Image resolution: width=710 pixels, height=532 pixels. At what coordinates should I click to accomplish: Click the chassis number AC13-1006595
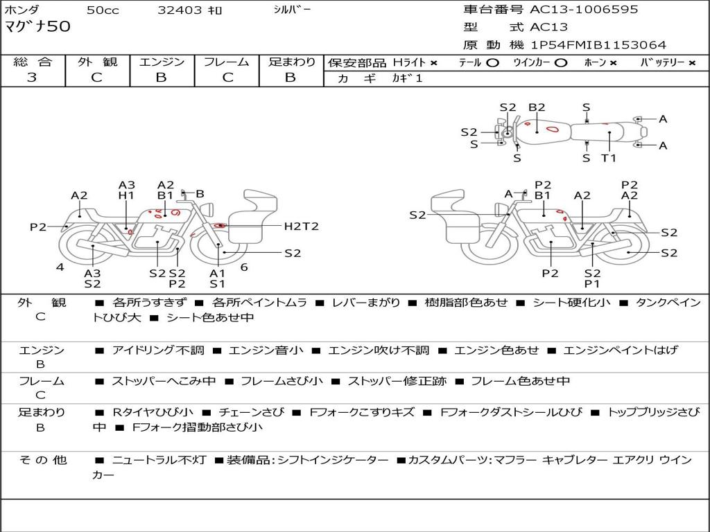[584, 10]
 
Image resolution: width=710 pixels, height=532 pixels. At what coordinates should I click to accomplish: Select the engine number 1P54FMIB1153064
[598, 45]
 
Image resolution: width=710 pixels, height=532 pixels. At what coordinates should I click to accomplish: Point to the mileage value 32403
[180, 10]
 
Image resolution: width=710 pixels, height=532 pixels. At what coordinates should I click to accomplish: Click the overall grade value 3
[32, 78]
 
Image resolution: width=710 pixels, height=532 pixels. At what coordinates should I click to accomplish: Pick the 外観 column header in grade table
[97, 62]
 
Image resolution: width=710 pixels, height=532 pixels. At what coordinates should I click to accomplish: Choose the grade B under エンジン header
[161, 78]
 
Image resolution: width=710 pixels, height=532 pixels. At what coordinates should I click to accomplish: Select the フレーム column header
[226, 62]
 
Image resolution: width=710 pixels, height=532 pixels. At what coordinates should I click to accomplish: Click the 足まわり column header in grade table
[291, 62]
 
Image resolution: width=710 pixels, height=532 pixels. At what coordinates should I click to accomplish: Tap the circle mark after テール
[493, 63]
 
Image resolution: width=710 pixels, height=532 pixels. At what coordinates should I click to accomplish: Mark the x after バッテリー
[691, 63]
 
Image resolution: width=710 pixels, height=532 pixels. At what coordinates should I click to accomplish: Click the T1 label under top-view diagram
[608, 158]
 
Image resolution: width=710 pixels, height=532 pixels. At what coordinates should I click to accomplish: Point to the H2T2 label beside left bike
[301, 226]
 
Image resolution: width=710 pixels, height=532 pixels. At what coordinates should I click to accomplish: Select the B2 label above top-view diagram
[537, 107]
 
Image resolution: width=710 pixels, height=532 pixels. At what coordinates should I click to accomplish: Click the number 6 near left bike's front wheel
[244, 266]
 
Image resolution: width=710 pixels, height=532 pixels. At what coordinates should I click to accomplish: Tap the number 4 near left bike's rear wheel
[60, 266]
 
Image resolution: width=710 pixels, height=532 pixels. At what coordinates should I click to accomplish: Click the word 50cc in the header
[102, 10]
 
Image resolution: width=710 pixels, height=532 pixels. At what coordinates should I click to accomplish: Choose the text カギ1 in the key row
[407, 78]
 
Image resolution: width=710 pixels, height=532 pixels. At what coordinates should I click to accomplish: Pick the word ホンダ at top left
[22, 10]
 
